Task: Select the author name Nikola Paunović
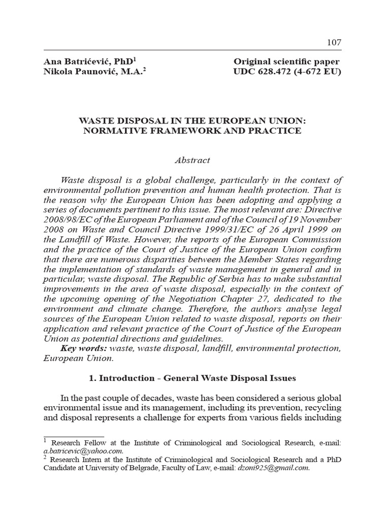pos(77,72)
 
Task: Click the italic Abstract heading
pos(192,160)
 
